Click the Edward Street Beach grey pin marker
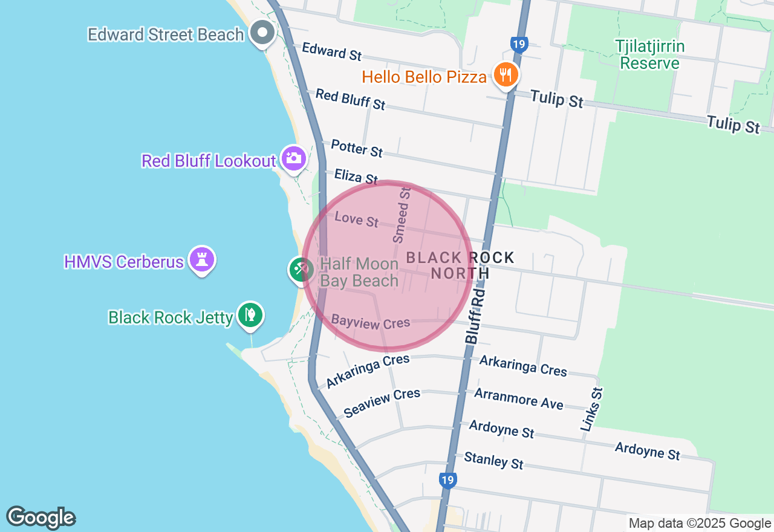[263, 32]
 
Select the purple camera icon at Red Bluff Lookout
[294, 158]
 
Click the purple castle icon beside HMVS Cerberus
[201, 260]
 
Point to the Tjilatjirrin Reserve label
[649, 54]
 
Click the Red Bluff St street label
[350, 100]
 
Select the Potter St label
[357, 148]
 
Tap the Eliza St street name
[356, 176]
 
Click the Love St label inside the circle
[356, 219]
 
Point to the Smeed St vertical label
[402, 215]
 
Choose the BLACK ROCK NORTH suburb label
[460, 265]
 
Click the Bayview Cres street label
[371, 322]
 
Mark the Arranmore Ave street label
[518, 398]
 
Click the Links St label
[592, 409]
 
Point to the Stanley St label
[493, 461]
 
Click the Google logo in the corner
[41, 518]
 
